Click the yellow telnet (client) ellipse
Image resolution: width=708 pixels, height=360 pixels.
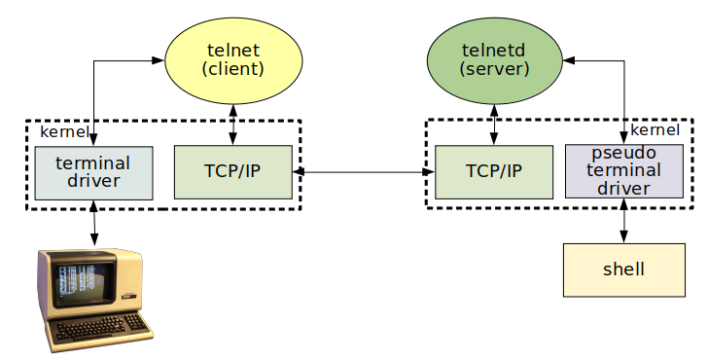coord(233,61)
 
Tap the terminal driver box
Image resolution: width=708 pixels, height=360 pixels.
coord(93,172)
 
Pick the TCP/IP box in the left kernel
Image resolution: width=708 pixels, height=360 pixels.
coord(232,172)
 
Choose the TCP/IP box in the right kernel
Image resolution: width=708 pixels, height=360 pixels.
coord(494,172)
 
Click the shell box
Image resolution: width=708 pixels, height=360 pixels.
coord(624,270)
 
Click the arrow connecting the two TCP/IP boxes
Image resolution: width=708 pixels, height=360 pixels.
coord(364,172)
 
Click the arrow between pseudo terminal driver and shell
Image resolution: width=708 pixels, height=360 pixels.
coord(624,221)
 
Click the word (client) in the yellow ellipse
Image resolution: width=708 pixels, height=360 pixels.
coord(233,70)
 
